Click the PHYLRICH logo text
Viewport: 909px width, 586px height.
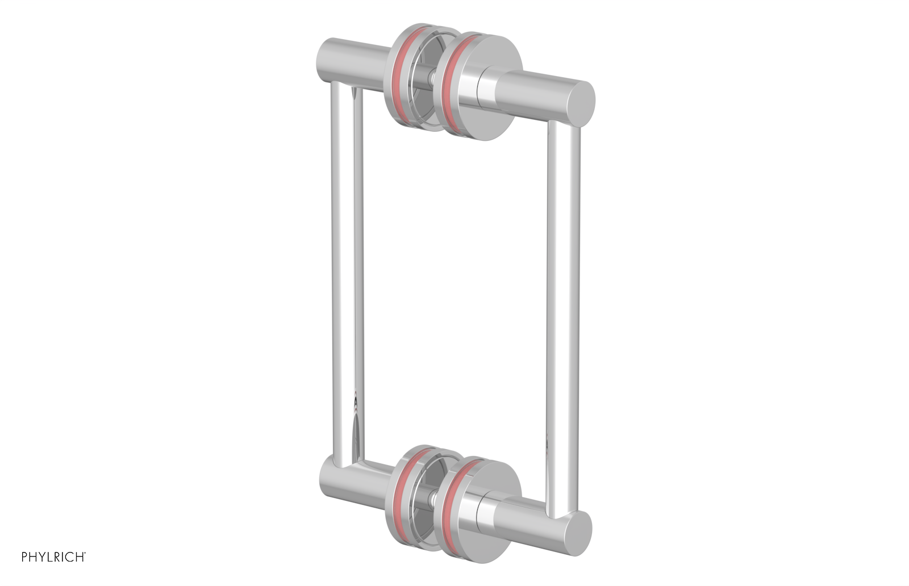pos(53,557)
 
